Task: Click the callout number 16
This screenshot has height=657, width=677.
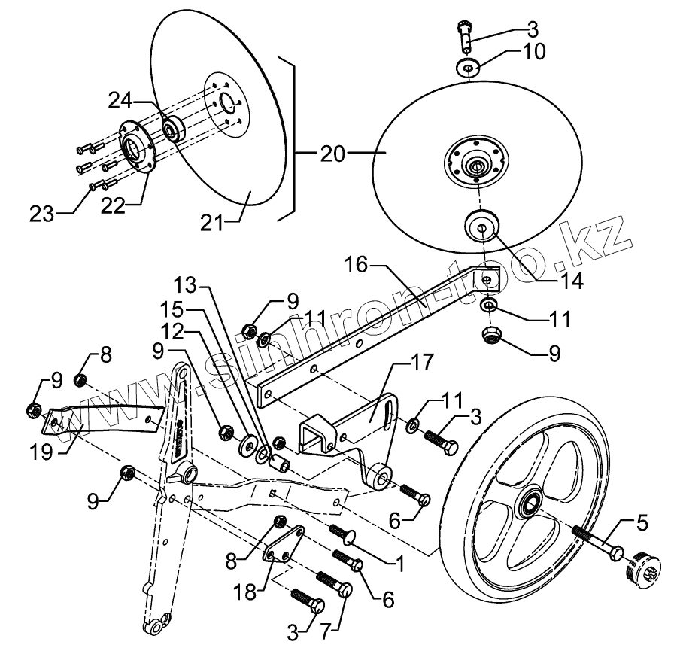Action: tap(358, 264)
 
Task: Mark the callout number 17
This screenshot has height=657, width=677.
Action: tap(423, 364)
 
